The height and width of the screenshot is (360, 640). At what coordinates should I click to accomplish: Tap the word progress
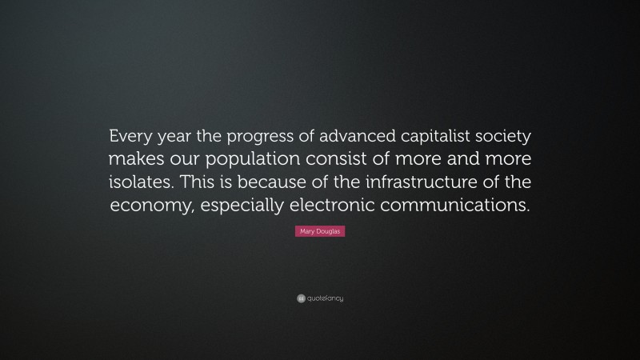tap(252, 134)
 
